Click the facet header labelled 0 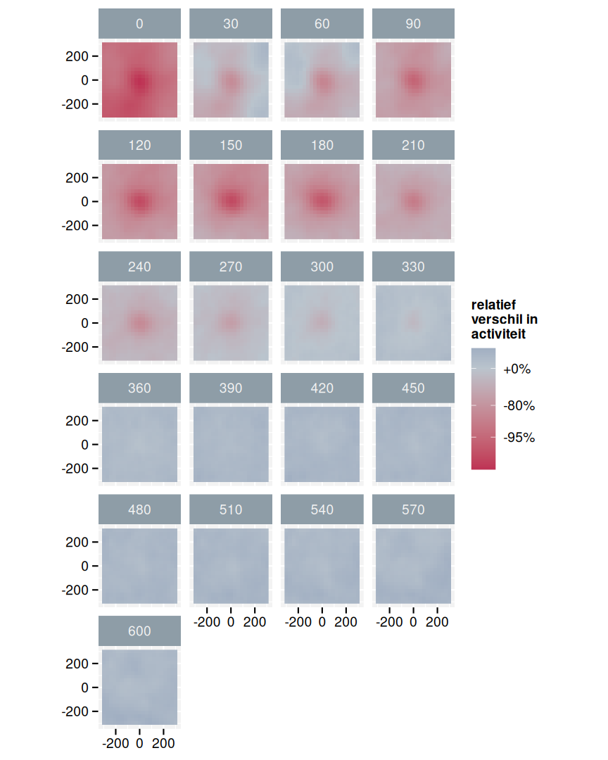[139, 24]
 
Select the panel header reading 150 [231, 145]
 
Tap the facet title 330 [413, 267]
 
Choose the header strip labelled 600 [139, 631]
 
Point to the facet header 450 [413, 388]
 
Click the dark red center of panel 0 [140, 81]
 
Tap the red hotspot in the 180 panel [322, 201]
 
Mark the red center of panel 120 [139, 202]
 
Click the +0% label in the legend [517, 369]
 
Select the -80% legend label [519, 405]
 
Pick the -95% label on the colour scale [519, 438]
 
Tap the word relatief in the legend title [493, 305]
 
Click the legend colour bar [483, 408]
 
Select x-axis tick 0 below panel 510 [231, 622]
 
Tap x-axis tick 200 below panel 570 [437, 622]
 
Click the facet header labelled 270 [231, 267]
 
